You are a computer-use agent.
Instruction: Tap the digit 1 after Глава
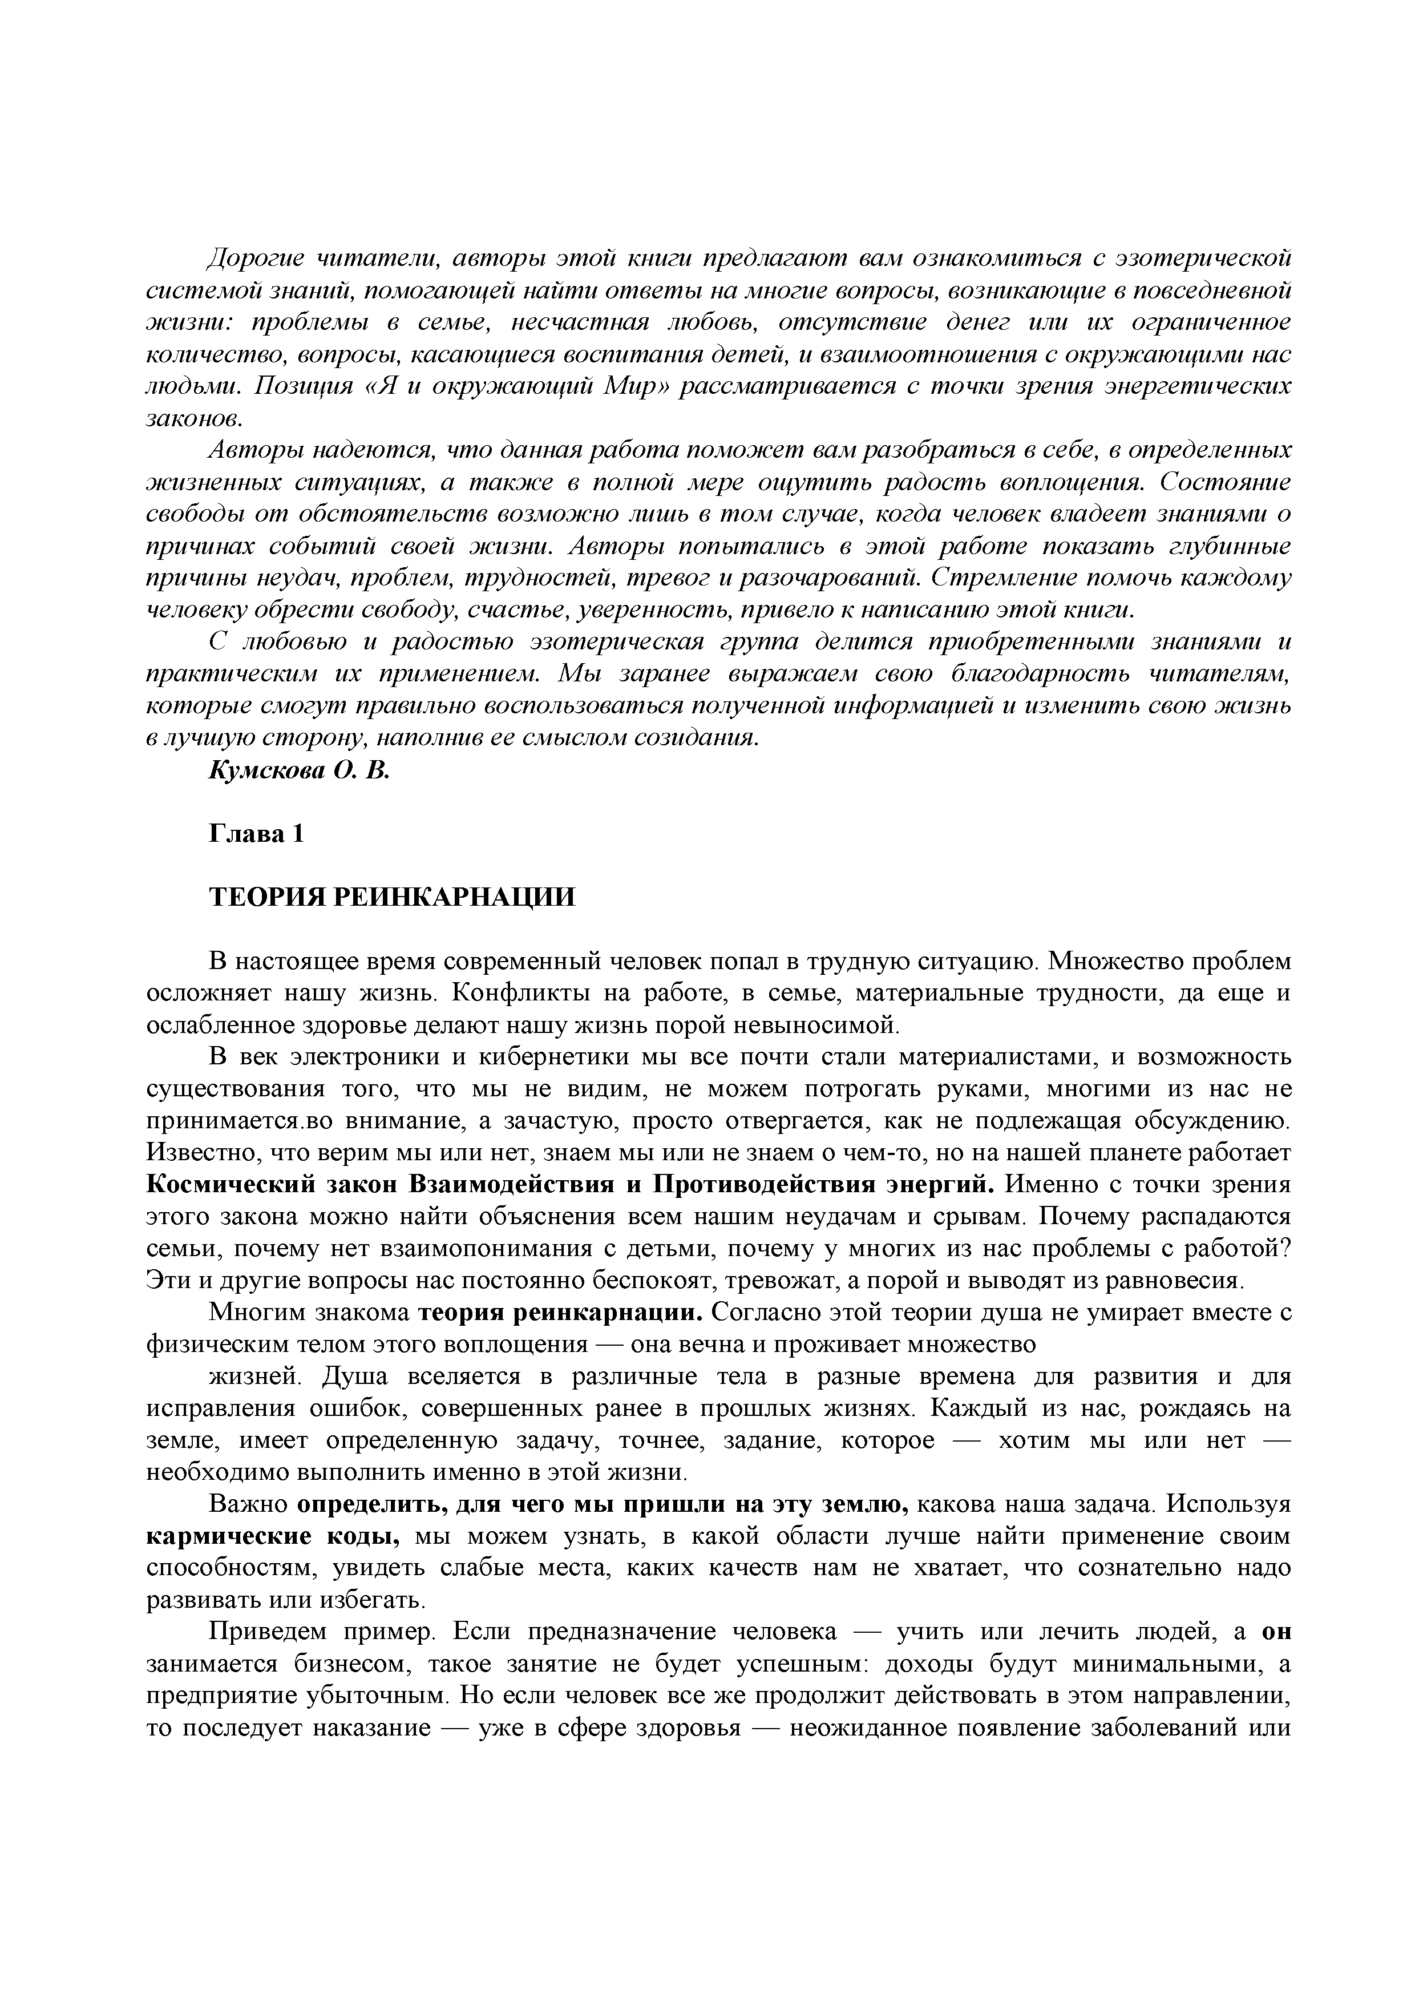299,834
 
